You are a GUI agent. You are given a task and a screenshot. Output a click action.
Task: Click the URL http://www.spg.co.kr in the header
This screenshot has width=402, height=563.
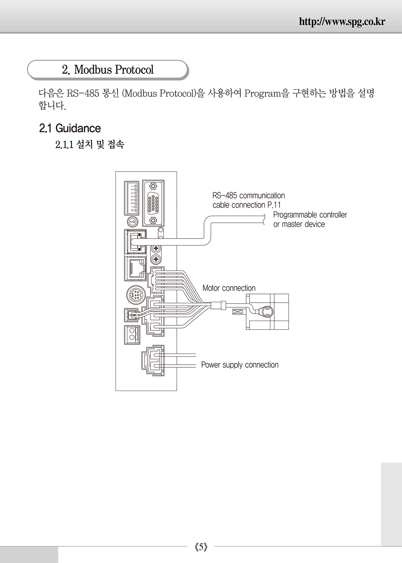click(342, 21)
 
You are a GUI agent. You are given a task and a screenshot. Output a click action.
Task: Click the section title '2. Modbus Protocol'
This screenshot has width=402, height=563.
click(108, 70)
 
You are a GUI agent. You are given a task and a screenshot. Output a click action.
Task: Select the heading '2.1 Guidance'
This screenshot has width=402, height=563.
click(70, 128)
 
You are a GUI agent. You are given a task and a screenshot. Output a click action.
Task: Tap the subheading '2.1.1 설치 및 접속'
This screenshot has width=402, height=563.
click(90, 144)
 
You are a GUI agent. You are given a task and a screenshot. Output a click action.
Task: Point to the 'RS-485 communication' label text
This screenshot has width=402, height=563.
click(249, 196)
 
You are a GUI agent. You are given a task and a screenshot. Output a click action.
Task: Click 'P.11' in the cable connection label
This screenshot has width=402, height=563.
click(274, 205)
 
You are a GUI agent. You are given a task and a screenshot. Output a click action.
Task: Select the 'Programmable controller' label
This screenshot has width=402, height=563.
click(310, 215)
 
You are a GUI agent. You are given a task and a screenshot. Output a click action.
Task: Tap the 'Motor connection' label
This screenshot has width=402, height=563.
click(229, 288)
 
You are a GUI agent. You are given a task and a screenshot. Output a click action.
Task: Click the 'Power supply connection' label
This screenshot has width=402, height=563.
click(240, 365)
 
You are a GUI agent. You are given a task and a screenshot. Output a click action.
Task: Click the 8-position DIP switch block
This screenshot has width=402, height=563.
click(132, 198)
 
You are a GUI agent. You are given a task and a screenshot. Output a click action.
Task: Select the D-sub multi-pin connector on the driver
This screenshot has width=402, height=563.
click(153, 203)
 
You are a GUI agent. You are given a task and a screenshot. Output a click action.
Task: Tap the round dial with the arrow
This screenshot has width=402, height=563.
click(133, 222)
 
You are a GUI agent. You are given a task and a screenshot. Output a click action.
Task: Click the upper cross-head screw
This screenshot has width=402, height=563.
click(156, 249)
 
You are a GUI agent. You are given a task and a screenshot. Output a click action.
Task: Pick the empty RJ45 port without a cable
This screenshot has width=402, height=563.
click(135, 268)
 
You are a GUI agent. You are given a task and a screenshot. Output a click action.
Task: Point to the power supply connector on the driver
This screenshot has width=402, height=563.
click(153, 361)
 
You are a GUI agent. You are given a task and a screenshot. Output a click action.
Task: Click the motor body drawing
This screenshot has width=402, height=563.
click(267, 312)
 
